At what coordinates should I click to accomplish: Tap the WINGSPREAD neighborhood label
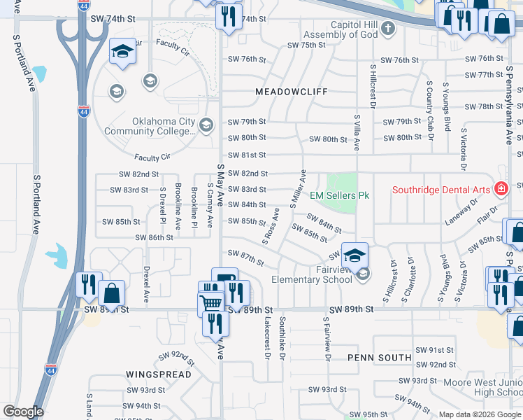pos(159,374)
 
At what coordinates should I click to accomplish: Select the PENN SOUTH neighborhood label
pos(380,358)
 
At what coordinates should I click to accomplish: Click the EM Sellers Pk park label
pos(339,195)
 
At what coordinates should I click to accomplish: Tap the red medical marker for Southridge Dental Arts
pos(501,189)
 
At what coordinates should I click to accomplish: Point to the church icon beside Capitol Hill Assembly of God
pos(389,29)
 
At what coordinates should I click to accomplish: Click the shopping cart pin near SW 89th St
pos(210,304)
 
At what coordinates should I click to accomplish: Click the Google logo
pos(23,412)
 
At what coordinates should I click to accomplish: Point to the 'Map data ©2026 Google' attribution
pos(480,414)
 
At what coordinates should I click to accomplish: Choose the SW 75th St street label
pos(306,45)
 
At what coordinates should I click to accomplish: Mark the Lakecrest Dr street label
pos(267,337)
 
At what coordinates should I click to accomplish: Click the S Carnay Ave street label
pos(210,206)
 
